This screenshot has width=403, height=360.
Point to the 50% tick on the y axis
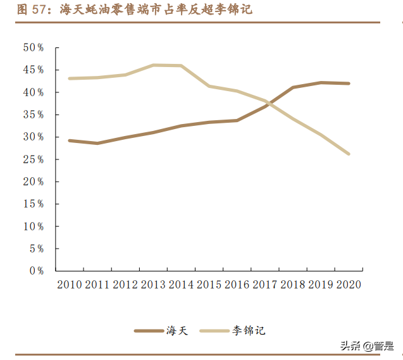tap(33, 47)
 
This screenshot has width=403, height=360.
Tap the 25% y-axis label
tap(33, 159)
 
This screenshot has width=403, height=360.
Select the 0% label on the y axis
tap(35, 271)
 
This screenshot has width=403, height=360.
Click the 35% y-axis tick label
tap(33, 115)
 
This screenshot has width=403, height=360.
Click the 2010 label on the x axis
tap(70, 285)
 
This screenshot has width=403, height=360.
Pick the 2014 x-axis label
tap(181, 285)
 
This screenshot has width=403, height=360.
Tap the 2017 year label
tap(264, 285)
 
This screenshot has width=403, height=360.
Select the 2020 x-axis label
tap(348, 285)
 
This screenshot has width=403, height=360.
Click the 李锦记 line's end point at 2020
tap(349, 154)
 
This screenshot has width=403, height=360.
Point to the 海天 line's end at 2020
tap(349, 84)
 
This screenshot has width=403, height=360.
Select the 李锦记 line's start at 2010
tap(69, 78)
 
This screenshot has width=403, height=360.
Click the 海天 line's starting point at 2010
tap(69, 140)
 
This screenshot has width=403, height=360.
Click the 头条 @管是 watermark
tap(367, 346)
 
